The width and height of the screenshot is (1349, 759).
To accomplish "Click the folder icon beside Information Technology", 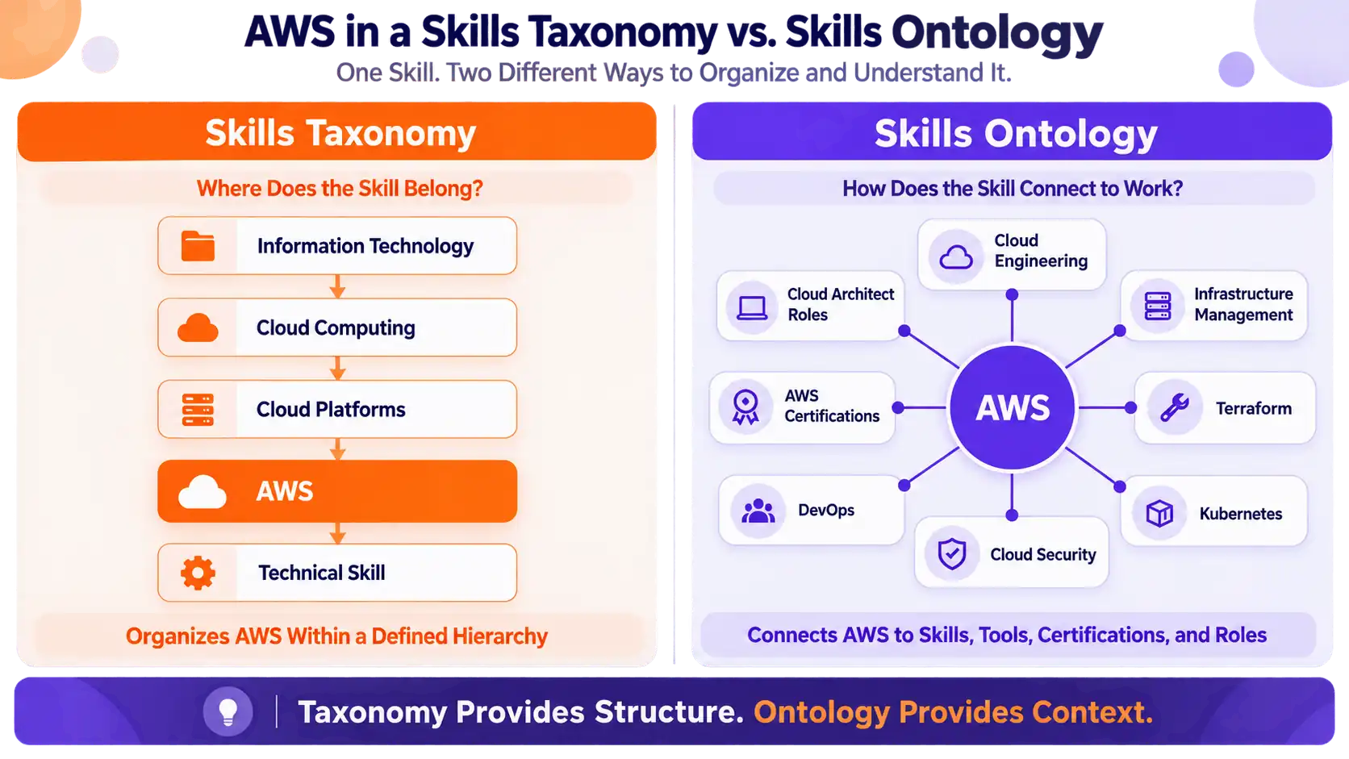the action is click(198, 246).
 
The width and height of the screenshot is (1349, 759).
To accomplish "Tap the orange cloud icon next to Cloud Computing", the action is click(198, 328).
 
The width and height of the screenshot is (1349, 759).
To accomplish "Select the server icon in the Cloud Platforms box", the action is click(198, 410).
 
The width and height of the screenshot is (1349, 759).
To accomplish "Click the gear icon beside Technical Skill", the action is click(198, 573).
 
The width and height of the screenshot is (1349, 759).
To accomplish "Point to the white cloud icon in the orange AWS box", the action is click(203, 492).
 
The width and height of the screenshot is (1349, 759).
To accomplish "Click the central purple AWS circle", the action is click(1013, 407).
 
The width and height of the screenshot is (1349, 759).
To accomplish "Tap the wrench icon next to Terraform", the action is click(1175, 408).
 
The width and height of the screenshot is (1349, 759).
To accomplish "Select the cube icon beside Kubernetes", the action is click(1160, 514).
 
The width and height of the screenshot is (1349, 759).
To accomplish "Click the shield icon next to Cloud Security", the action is click(952, 554).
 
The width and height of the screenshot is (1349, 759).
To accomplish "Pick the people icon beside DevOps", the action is click(758, 511).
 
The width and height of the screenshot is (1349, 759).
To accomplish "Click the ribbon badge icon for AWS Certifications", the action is click(745, 407).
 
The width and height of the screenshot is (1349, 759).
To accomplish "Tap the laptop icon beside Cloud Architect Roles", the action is click(752, 307).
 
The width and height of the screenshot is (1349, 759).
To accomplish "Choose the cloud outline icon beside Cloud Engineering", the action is click(956, 257).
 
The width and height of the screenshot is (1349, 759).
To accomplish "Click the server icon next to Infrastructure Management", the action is click(1158, 307).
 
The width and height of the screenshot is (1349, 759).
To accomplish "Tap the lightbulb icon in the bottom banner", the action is click(228, 712).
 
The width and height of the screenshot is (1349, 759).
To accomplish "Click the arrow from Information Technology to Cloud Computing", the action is click(338, 286).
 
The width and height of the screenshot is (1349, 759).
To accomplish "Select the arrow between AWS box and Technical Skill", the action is click(338, 533).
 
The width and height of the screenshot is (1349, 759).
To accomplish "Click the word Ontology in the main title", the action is click(997, 32).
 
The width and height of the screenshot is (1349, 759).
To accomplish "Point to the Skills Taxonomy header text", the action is click(340, 133).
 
